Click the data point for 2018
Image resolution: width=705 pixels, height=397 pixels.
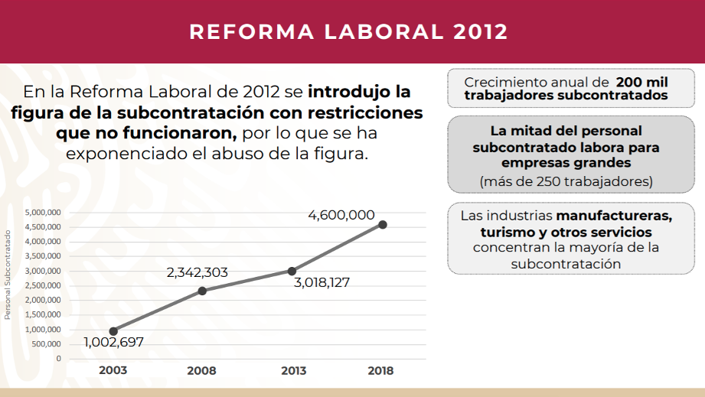(382, 224)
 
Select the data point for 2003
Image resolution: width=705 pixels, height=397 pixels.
(113, 331)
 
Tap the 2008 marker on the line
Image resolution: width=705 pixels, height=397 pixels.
(202, 291)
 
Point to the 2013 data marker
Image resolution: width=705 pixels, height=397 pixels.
(292, 271)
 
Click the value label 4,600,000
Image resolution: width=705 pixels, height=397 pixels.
(341, 215)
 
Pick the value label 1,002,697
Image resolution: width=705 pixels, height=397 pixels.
(113, 343)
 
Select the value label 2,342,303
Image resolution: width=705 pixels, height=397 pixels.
(197, 272)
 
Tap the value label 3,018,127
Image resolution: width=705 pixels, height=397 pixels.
(321, 282)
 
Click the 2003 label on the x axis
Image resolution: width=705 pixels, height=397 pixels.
(113, 371)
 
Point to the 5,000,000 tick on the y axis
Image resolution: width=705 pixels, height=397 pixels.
(43, 213)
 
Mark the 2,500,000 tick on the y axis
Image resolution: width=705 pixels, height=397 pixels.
(43, 285)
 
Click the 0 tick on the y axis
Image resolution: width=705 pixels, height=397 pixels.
(57, 359)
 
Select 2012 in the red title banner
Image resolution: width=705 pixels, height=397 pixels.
(480, 32)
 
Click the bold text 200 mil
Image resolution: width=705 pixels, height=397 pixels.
(641, 82)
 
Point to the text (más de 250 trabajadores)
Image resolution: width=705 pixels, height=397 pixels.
(566, 181)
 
